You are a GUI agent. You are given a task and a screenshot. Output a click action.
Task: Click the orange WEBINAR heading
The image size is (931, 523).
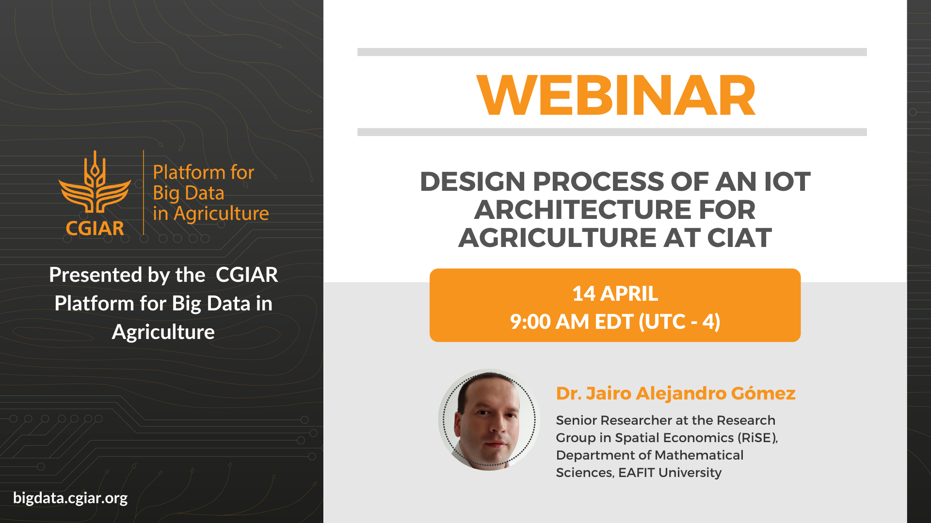tap(616, 95)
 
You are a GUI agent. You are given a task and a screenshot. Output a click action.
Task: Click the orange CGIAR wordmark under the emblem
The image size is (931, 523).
tap(95, 228)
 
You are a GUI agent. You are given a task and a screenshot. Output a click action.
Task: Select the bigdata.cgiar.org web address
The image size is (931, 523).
tap(70, 498)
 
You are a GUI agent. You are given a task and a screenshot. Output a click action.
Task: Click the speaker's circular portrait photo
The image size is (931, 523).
tap(489, 419)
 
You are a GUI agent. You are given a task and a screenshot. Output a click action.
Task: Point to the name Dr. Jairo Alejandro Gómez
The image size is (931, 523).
tap(675, 393)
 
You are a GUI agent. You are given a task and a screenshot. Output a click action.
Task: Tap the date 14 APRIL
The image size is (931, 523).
tap(615, 293)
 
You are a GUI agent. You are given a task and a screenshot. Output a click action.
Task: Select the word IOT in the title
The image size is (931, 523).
tap(787, 182)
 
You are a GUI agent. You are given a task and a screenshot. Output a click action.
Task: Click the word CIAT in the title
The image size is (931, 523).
tap(739, 238)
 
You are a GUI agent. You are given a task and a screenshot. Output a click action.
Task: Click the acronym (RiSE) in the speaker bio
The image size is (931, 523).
tap(757, 438)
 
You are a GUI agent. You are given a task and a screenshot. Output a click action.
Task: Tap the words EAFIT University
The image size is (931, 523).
tap(670, 473)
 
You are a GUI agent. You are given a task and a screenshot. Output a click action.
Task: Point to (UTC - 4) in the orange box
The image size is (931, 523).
tap(680, 322)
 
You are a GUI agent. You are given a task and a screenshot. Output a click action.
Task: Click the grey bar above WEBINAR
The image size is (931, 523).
tap(612, 52)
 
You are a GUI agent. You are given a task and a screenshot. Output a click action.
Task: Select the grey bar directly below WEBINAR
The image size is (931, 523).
tap(612, 132)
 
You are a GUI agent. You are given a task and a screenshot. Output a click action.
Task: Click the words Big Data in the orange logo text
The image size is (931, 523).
tap(189, 193)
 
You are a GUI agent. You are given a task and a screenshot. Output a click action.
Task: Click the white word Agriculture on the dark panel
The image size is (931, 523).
tap(163, 332)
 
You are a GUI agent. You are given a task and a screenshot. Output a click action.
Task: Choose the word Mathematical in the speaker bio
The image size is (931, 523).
tap(699, 455)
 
